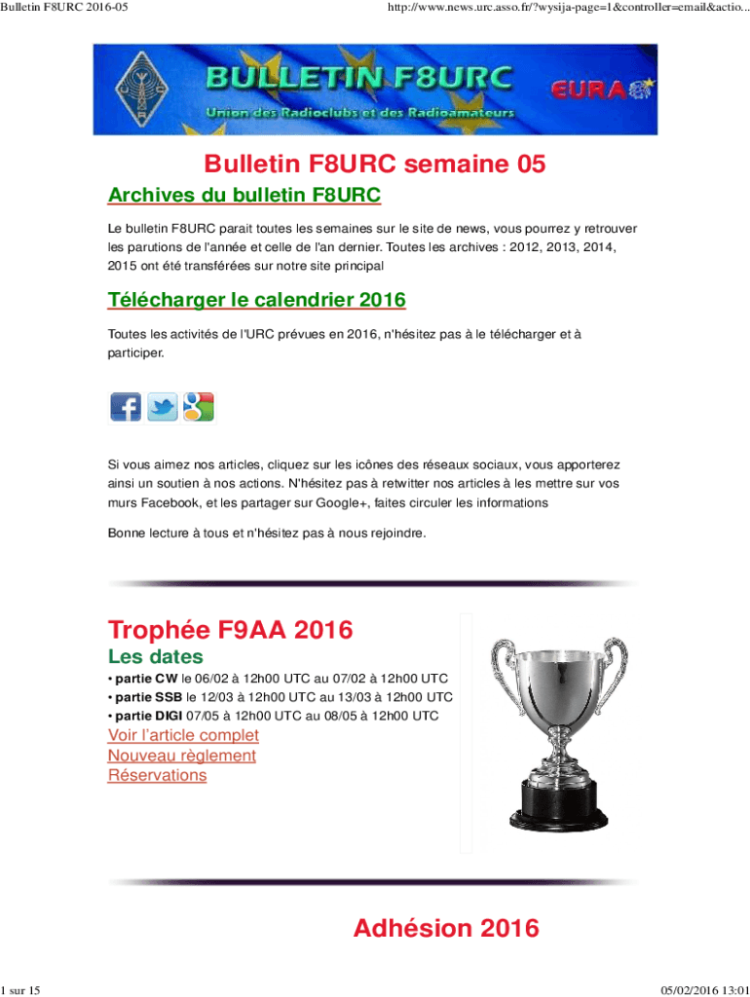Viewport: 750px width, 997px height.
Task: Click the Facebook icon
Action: [125, 406]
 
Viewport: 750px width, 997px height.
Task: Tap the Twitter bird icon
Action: [162, 406]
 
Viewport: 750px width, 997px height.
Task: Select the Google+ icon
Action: [198, 406]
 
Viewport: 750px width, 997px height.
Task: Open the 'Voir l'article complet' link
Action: [183, 735]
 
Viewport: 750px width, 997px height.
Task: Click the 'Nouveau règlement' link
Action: [182, 756]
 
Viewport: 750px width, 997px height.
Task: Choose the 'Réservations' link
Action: [157, 775]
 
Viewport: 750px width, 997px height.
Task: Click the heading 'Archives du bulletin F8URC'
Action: [244, 196]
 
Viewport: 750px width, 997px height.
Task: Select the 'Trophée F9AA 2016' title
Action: [230, 630]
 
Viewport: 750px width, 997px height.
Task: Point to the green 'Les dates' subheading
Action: [155, 656]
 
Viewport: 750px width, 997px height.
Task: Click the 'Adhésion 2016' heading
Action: [445, 928]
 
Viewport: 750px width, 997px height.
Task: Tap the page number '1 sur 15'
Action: [21, 989]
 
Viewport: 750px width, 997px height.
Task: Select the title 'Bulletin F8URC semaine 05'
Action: [374, 165]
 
